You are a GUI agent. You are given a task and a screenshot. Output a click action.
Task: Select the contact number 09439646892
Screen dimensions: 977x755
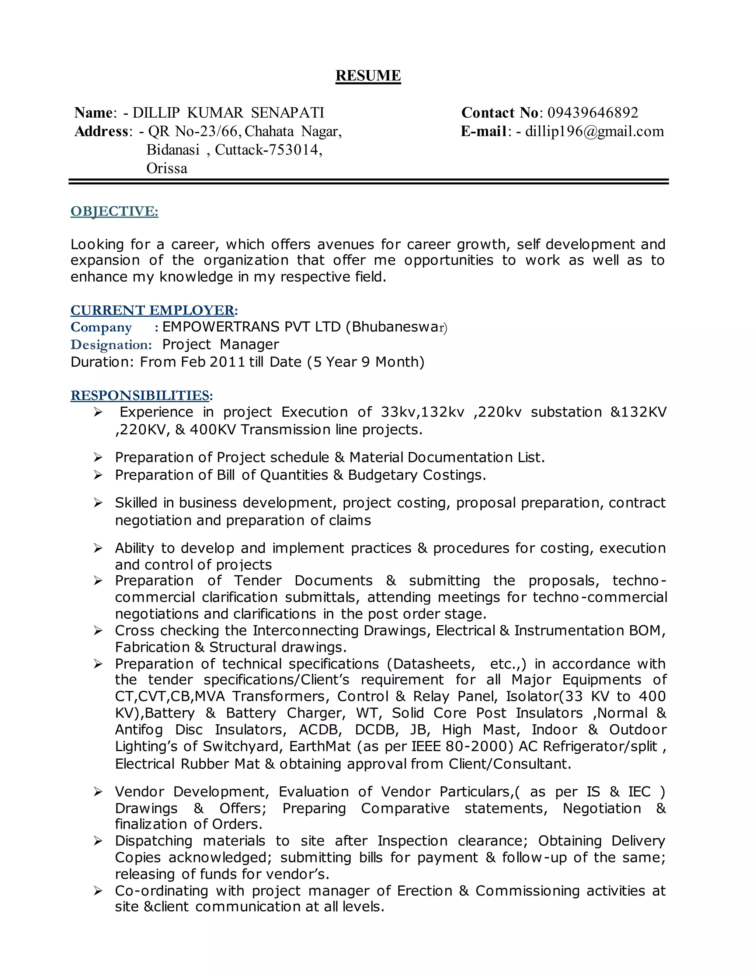pos(593,113)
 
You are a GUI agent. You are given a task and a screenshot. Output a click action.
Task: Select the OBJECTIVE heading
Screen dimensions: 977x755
pos(115,211)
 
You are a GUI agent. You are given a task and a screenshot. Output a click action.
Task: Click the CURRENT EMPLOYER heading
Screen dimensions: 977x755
pos(153,310)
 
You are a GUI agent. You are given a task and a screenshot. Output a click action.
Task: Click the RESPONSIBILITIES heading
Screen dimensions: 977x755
pos(140,396)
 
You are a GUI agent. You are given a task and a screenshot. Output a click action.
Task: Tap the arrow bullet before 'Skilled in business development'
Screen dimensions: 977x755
pos(98,503)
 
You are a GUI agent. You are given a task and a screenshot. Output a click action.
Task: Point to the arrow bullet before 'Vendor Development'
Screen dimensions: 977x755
pos(98,792)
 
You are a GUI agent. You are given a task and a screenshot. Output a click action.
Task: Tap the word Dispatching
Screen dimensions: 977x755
pos(153,841)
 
